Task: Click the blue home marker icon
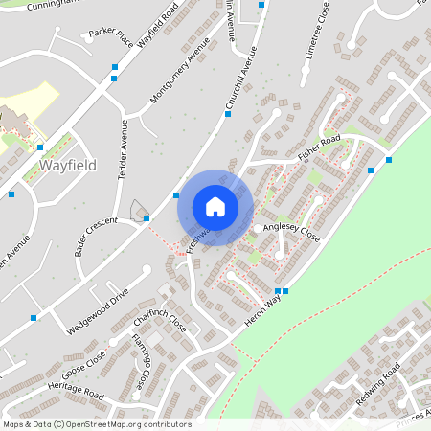215,207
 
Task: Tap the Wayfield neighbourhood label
68,166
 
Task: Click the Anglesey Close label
291,231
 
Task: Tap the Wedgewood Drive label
97,310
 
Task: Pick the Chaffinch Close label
160,319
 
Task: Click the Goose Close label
83,363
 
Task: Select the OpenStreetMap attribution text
98,423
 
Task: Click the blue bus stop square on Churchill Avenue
228,114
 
